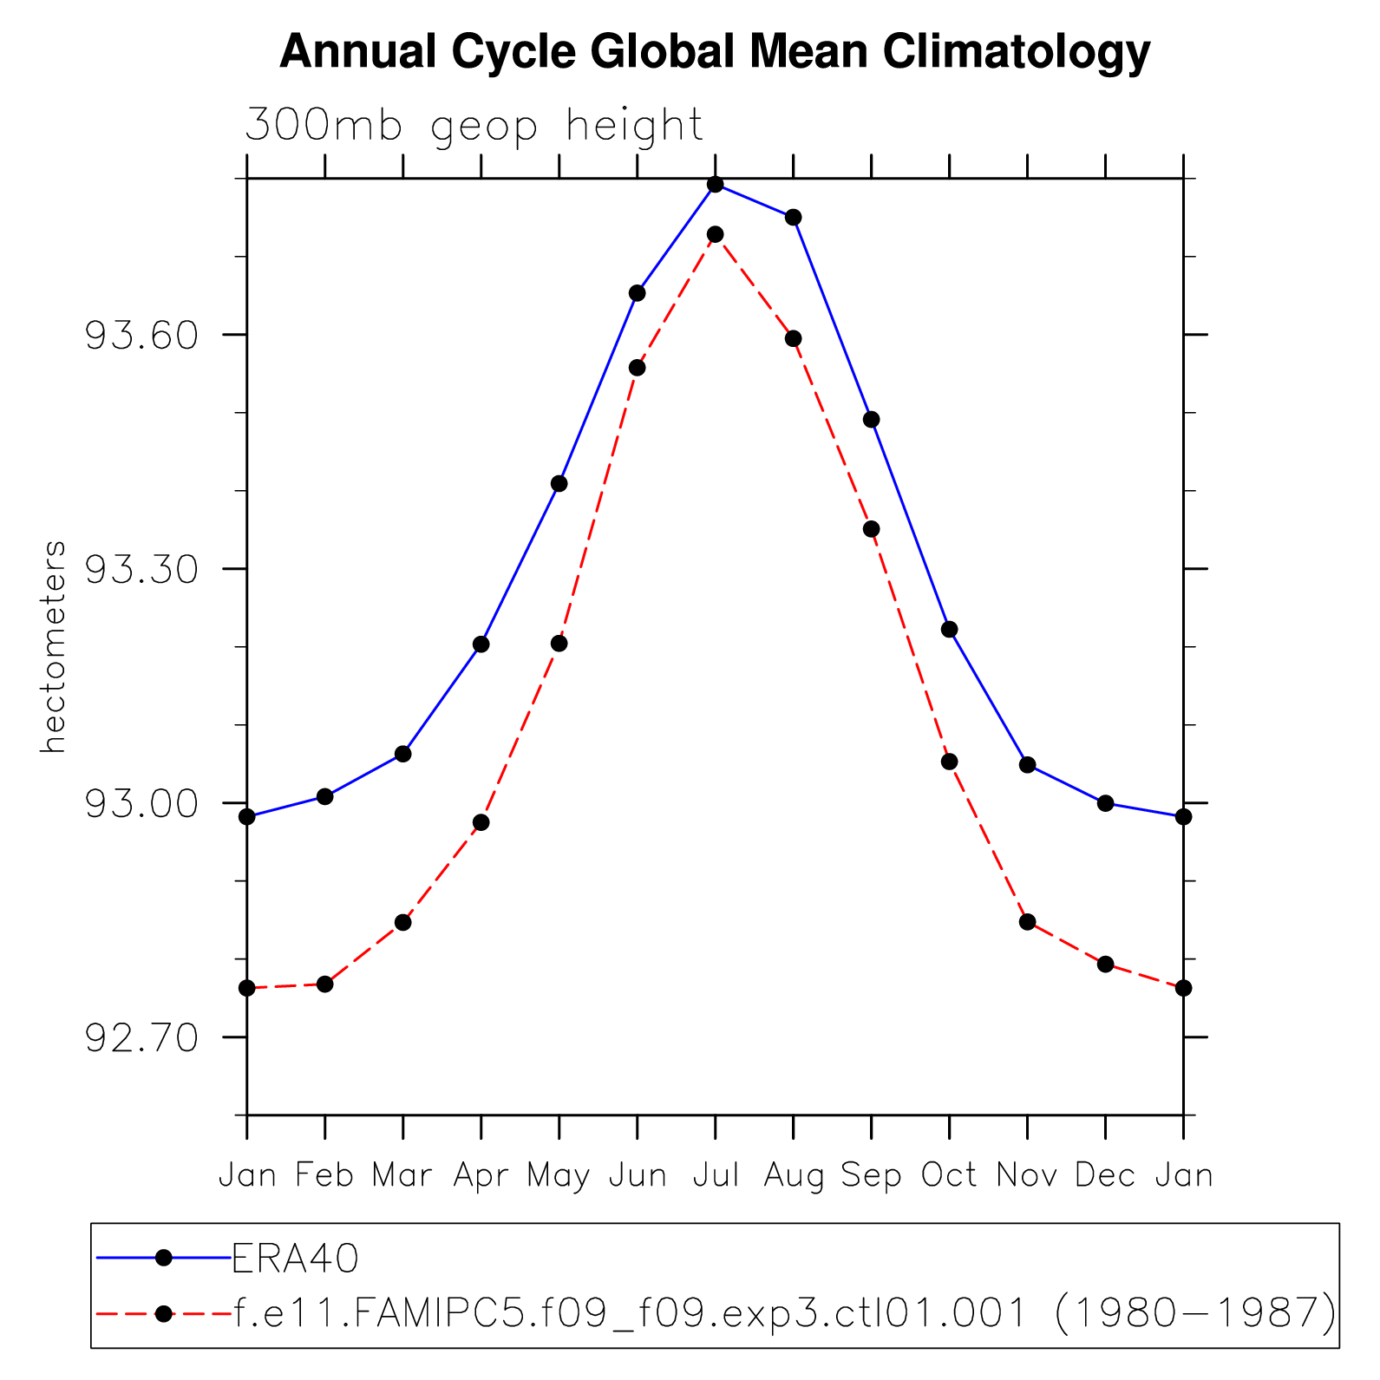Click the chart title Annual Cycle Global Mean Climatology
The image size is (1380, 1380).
[x=715, y=52]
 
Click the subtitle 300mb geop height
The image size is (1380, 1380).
[x=474, y=126]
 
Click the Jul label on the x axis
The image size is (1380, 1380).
[x=716, y=1175]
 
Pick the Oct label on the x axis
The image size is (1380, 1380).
[x=949, y=1175]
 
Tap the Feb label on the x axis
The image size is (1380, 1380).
[x=324, y=1175]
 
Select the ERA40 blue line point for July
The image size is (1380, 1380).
[x=716, y=185]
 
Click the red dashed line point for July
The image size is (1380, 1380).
[x=716, y=234]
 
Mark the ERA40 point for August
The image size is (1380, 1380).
[x=793, y=217]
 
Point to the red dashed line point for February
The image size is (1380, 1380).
[x=325, y=984]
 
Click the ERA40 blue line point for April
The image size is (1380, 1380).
[x=481, y=644]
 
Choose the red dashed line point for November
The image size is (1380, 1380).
[x=1028, y=921]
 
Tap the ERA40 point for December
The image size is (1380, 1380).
[x=1105, y=803]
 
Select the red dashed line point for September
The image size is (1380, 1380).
[x=872, y=529]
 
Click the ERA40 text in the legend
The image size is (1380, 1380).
[x=296, y=1258]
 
